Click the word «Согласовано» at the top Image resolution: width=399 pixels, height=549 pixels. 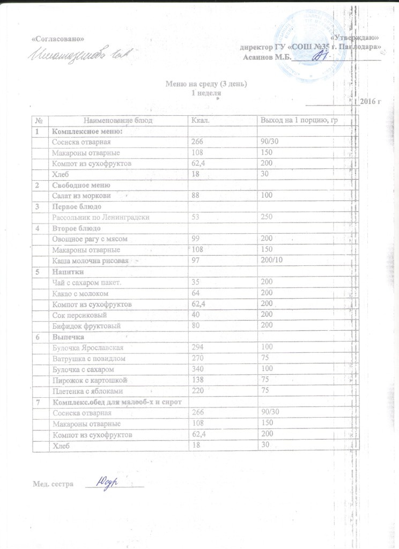coord(58,39)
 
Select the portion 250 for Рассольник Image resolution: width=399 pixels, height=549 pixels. coord(267,217)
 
